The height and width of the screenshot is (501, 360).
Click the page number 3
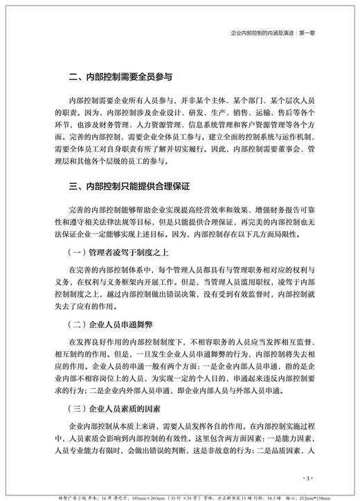click(309, 477)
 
